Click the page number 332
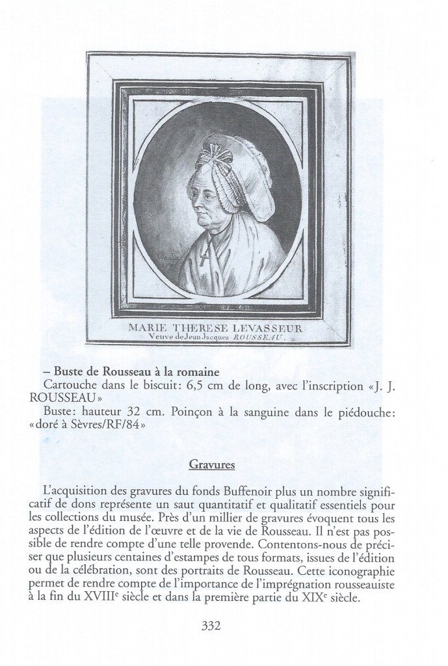pyautogui.click(x=212, y=627)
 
